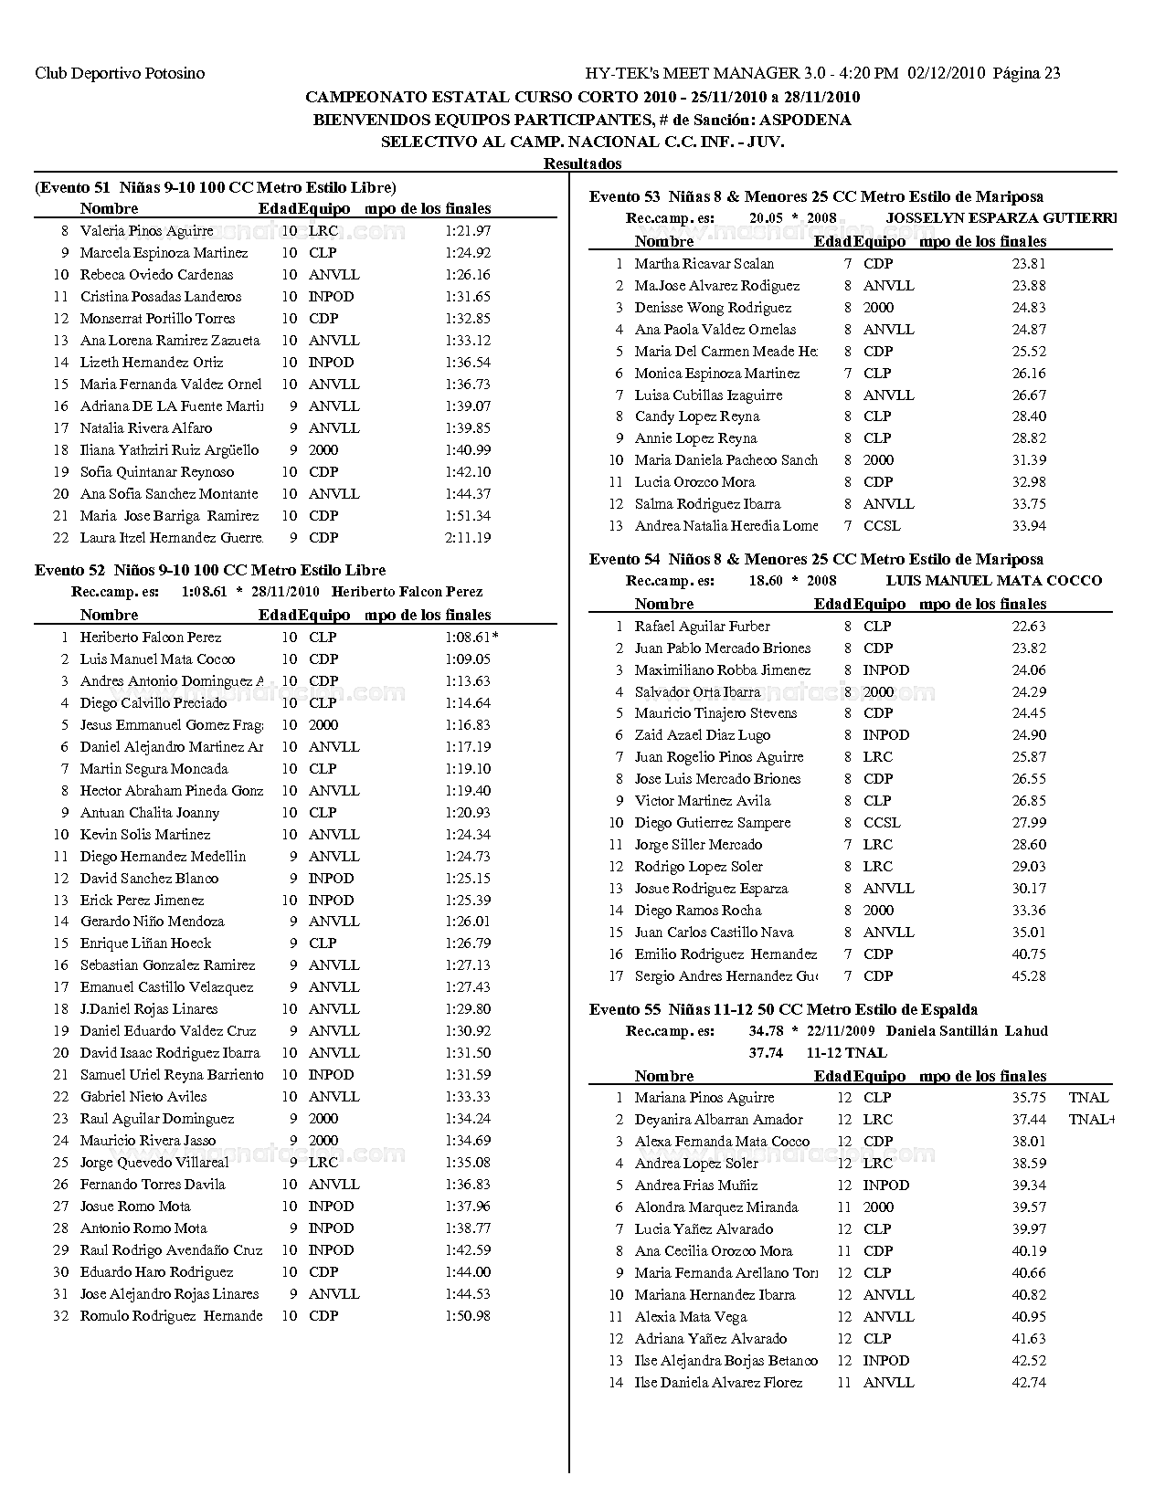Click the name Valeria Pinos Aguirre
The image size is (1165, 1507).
[x=147, y=231]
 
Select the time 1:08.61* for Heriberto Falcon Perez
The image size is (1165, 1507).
[x=471, y=638]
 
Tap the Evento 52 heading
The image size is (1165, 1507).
[x=210, y=570]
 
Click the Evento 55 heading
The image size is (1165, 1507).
[x=783, y=1009]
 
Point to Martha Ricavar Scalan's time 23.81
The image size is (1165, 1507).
[x=1029, y=264]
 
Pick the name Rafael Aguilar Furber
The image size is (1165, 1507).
[x=702, y=627]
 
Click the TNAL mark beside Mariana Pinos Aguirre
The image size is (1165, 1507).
[x=1087, y=1098]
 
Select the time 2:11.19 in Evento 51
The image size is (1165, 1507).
[x=468, y=538]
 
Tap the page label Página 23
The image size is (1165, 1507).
[x=1026, y=73]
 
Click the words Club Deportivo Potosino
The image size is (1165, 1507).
[x=120, y=73]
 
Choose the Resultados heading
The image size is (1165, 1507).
[x=582, y=163]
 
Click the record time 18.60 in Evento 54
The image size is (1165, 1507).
[x=765, y=581]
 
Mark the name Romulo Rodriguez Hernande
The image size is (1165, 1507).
[x=171, y=1316]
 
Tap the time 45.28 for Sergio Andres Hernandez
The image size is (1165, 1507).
[x=1029, y=976]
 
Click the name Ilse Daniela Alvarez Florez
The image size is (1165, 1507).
[x=718, y=1383]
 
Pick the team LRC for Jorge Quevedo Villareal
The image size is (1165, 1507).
[x=323, y=1163]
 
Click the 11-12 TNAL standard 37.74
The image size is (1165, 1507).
[x=765, y=1053]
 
